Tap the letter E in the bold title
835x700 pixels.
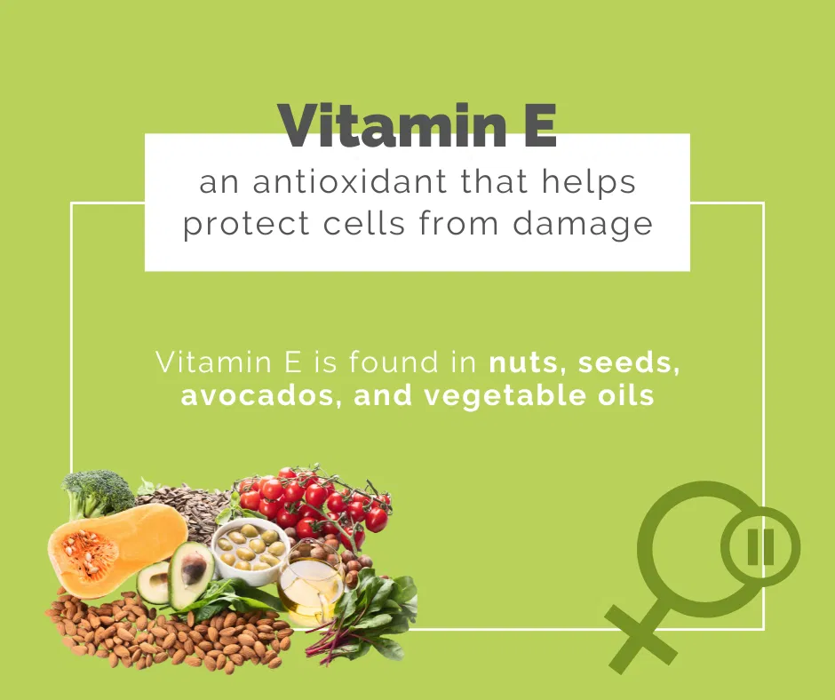(x=539, y=126)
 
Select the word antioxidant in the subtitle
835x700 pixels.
(x=349, y=181)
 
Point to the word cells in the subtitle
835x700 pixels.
(x=364, y=223)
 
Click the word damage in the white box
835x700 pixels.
(x=583, y=226)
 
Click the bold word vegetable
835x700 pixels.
(x=505, y=397)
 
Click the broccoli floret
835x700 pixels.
(x=96, y=492)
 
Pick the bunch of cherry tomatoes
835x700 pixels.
(x=315, y=504)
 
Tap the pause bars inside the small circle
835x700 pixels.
(x=760, y=546)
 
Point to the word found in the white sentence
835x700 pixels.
(x=394, y=362)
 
